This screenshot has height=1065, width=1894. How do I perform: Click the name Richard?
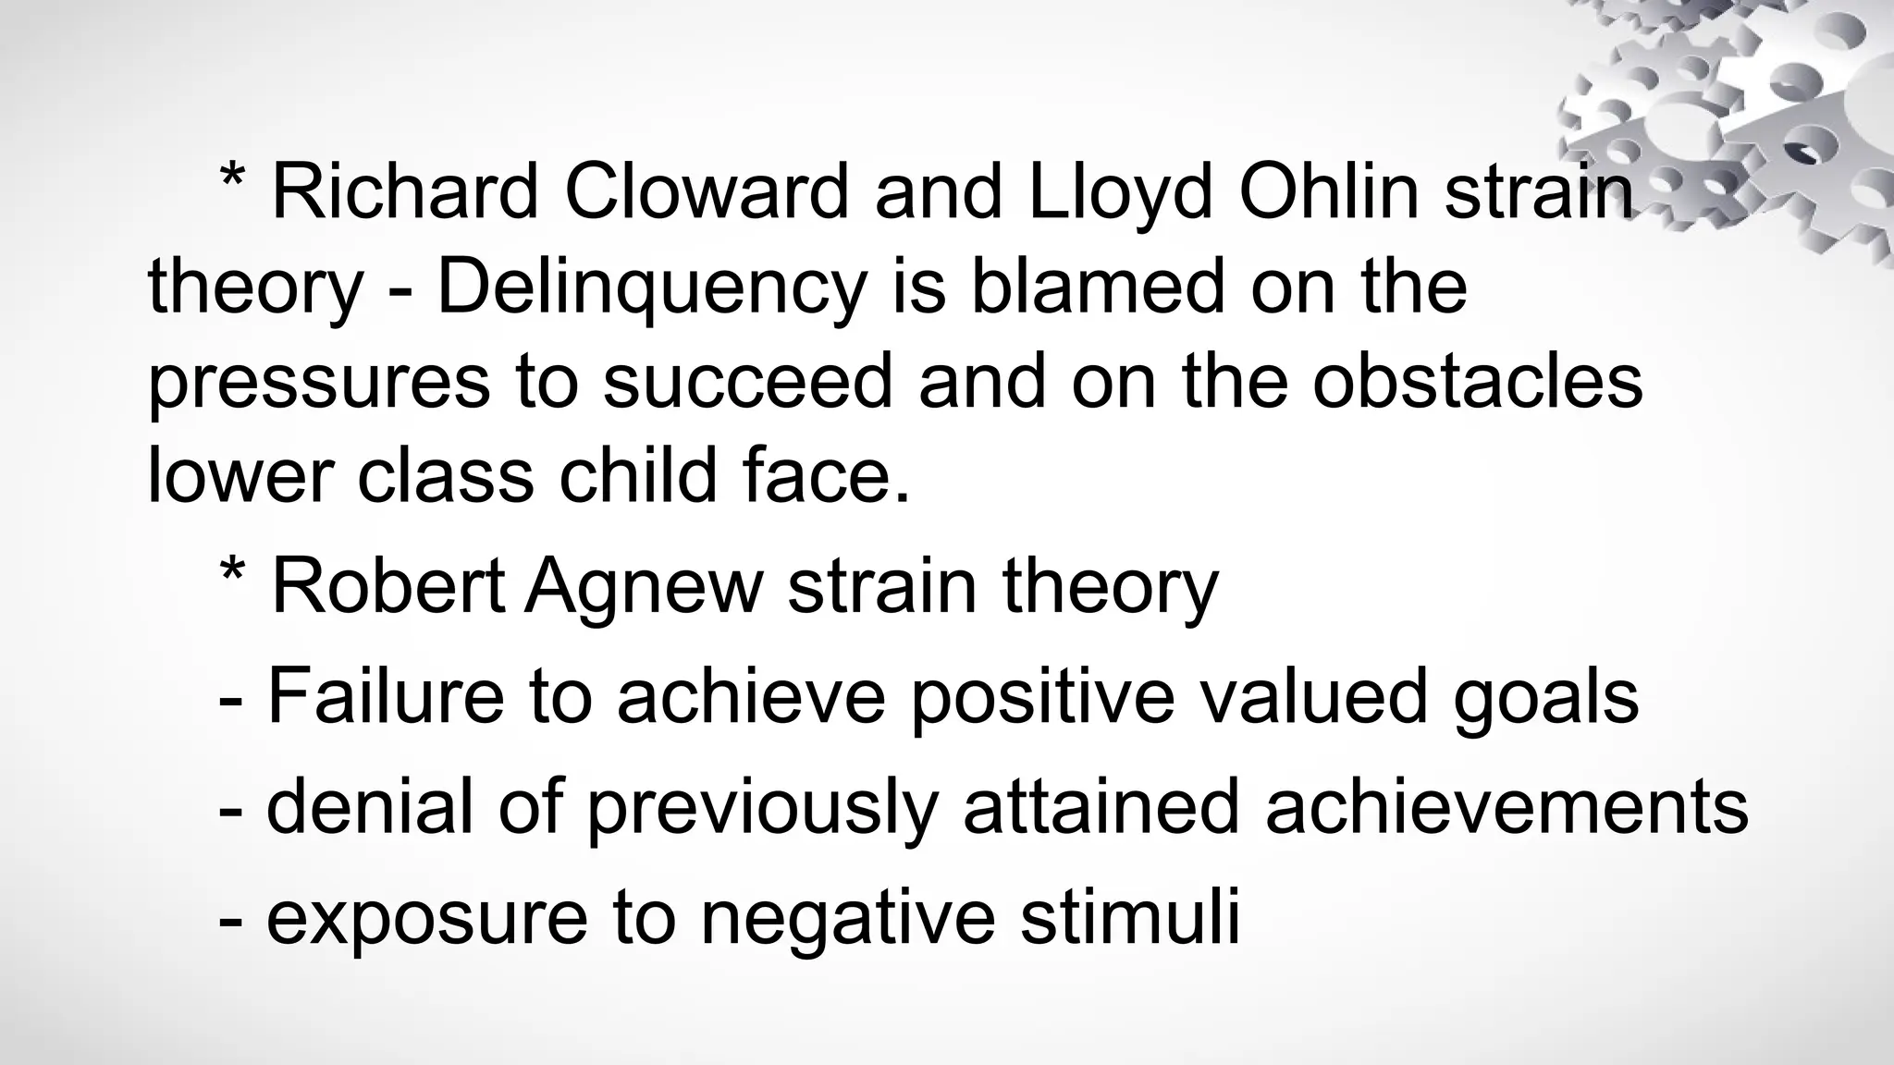pos(404,192)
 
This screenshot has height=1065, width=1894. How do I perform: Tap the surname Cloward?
pos(706,192)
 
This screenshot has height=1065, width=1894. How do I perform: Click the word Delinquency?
pos(651,288)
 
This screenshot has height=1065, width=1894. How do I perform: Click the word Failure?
pos(386,697)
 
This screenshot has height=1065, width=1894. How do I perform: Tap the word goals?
pos(1545,699)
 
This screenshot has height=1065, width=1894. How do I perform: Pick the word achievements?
pos(1507,807)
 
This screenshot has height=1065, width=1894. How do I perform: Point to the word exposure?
pos(426,919)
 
